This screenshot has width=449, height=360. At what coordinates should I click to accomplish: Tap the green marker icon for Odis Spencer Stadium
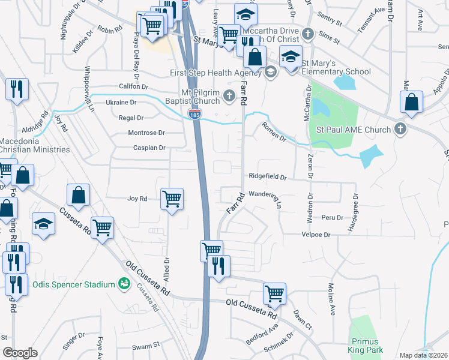tap(125, 283)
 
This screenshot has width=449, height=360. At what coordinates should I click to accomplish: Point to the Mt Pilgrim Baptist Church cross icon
tap(228, 95)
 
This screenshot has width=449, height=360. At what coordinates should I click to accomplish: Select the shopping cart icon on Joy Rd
tap(172, 199)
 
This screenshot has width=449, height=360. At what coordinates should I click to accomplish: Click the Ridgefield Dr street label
tap(268, 178)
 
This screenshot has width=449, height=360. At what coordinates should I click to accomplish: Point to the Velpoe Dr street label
tap(318, 235)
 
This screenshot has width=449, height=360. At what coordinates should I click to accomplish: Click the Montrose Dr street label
tap(146, 133)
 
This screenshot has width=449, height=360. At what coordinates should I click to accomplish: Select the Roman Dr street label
tap(273, 132)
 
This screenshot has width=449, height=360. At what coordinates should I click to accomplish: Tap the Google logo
tap(20, 353)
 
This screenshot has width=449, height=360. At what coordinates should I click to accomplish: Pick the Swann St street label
tap(146, 345)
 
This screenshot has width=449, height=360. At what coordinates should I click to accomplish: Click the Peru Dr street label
tap(332, 217)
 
